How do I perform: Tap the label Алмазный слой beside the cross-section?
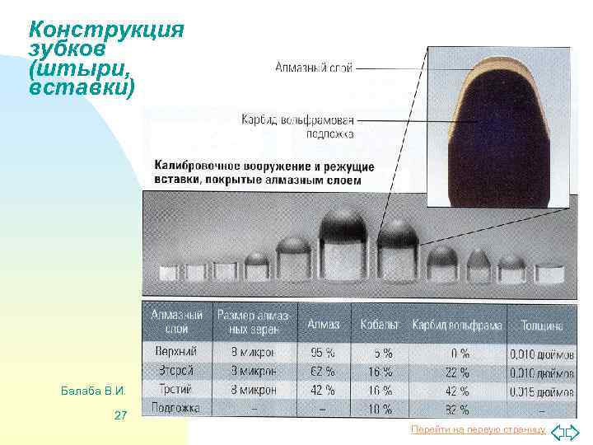click(x=313, y=68)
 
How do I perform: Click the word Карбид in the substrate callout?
click(x=258, y=120)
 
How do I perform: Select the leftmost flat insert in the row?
click(x=169, y=271)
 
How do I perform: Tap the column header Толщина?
click(x=540, y=325)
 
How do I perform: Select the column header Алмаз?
click(x=324, y=325)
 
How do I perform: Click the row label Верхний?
click(x=175, y=352)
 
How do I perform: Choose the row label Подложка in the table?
click(x=176, y=408)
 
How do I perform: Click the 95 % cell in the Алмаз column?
click(x=323, y=353)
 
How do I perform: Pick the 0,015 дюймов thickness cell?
click(x=541, y=390)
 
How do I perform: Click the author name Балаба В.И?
click(x=93, y=389)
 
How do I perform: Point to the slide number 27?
click(x=120, y=415)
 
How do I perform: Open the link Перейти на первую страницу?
click(x=479, y=430)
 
